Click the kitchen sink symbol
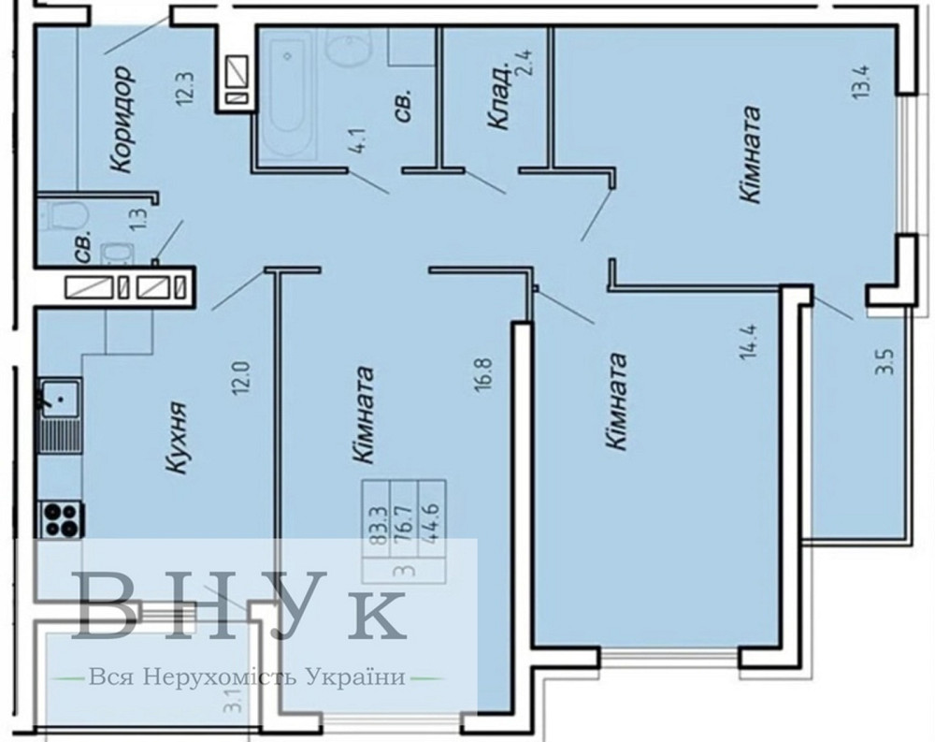coord(58,398)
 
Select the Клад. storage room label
coord(497,96)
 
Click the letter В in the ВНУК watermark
coord(111,609)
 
